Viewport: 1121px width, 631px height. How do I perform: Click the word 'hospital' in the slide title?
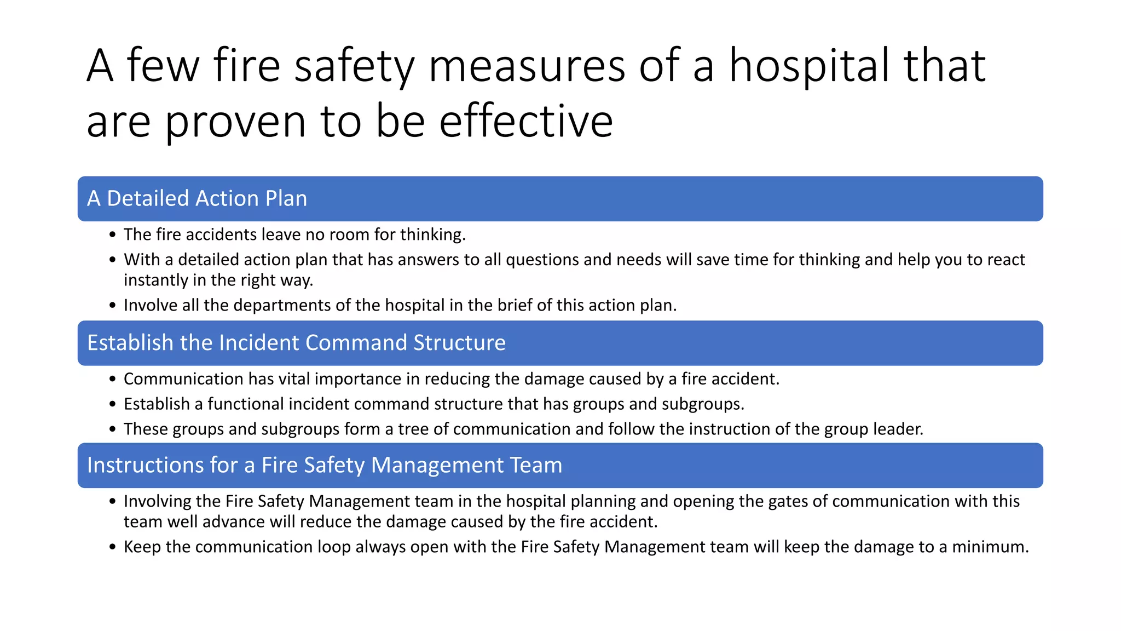click(810, 66)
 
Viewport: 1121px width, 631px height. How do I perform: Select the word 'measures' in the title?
click(527, 66)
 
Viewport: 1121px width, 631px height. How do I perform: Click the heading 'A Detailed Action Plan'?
click(197, 198)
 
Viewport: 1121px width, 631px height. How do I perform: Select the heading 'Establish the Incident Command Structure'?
click(296, 343)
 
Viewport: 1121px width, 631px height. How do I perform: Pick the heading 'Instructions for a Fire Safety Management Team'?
click(325, 465)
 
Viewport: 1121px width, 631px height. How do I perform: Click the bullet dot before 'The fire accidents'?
click(112, 235)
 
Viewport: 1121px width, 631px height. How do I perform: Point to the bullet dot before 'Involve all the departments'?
click(112, 306)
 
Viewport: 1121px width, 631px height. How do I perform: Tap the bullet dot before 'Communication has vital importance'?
click(112, 379)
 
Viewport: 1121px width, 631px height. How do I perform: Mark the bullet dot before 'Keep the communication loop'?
click(112, 547)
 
